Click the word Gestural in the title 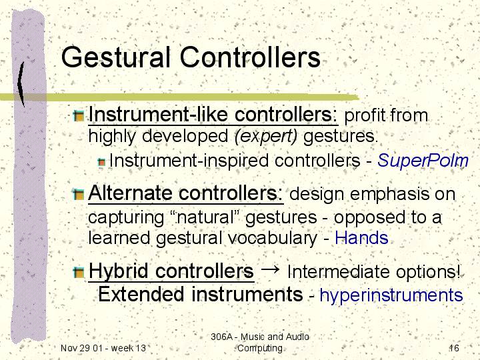tap(116, 57)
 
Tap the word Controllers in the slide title tap(250, 57)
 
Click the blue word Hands tap(361, 238)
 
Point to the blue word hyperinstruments tap(391, 295)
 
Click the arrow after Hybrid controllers tap(270, 269)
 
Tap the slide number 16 tap(454, 348)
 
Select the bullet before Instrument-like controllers tap(79, 116)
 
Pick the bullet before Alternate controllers tap(79, 195)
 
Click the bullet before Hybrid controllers tap(79, 272)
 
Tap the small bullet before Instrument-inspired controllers tap(101, 162)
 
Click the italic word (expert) tap(265, 137)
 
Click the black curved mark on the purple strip tap(21, 83)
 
